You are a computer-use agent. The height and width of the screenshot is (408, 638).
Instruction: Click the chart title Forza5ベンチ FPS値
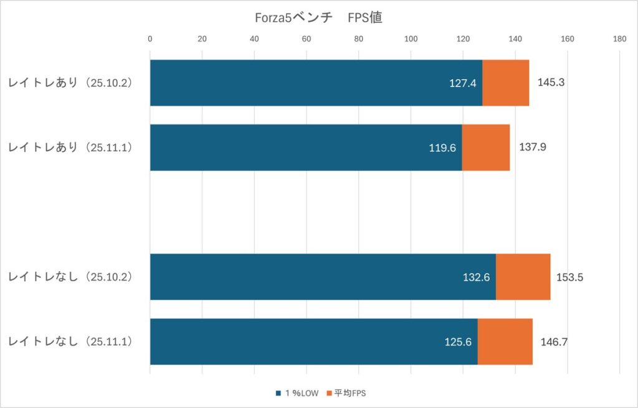point(318,18)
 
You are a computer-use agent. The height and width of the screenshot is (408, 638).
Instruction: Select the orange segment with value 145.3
point(505,83)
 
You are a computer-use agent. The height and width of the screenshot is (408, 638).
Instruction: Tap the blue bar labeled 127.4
point(316,83)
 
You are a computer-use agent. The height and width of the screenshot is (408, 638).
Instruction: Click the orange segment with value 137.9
point(485,147)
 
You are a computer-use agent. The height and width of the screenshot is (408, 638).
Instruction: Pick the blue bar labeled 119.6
point(305,147)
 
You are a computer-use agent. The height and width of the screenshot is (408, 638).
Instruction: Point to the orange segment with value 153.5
point(523,277)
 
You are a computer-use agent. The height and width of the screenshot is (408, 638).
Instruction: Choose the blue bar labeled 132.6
point(323,277)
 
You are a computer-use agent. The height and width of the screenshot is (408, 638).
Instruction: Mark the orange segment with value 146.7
point(505,341)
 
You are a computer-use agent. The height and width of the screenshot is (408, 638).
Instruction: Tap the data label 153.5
point(569,277)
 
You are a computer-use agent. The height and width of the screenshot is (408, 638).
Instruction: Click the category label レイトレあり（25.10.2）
point(70,83)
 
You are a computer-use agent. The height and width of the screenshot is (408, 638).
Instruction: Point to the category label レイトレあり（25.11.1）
point(70,147)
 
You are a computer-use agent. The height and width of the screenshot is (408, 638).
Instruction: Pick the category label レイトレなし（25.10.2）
point(70,277)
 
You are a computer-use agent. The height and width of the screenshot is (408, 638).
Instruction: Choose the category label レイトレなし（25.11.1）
point(70,341)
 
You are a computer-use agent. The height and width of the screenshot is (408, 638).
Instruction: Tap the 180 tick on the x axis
point(619,39)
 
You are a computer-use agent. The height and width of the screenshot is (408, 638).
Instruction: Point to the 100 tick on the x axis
point(411,39)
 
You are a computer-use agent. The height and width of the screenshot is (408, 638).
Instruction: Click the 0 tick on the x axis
point(150,39)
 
